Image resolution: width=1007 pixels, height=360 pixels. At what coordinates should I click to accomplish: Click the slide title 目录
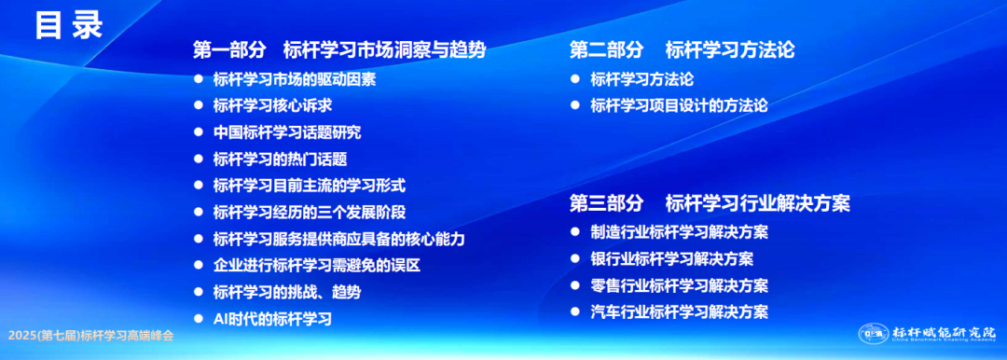[69, 26]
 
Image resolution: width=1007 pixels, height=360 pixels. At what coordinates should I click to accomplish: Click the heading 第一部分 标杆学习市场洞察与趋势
[339, 49]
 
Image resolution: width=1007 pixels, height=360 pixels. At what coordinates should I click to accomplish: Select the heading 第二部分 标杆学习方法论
[682, 49]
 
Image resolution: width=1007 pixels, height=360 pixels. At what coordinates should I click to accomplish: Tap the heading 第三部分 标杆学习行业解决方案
[710, 203]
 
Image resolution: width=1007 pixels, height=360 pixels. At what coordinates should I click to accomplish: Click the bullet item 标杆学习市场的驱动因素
[294, 79]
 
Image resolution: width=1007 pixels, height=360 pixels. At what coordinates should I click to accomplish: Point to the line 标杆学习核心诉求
[272, 105]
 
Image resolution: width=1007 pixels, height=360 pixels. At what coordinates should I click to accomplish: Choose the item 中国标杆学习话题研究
[287, 132]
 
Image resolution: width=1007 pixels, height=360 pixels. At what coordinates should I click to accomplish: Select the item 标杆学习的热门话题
[280, 159]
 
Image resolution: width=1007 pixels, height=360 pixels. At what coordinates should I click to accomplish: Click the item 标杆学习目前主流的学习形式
[310, 186]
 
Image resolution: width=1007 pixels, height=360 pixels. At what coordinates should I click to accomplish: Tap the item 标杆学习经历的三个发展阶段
[310, 212]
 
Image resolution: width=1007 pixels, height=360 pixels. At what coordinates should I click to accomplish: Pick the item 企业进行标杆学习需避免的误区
[317, 265]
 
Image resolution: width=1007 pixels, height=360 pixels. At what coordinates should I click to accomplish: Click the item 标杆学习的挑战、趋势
[287, 292]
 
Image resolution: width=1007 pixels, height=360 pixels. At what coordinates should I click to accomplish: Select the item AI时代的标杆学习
[272, 318]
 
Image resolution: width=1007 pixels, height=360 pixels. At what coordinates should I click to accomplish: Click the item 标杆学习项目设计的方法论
[679, 105]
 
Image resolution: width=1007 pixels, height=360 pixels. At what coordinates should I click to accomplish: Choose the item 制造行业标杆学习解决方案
[679, 232]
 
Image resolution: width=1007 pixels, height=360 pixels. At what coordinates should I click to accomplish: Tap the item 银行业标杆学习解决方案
[671, 259]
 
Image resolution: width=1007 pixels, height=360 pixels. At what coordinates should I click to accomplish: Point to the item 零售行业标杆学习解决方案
[679, 285]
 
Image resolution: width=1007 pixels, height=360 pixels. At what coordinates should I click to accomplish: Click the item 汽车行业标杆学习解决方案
[679, 312]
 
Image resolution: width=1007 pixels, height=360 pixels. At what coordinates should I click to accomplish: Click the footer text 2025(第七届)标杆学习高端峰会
[90, 336]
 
